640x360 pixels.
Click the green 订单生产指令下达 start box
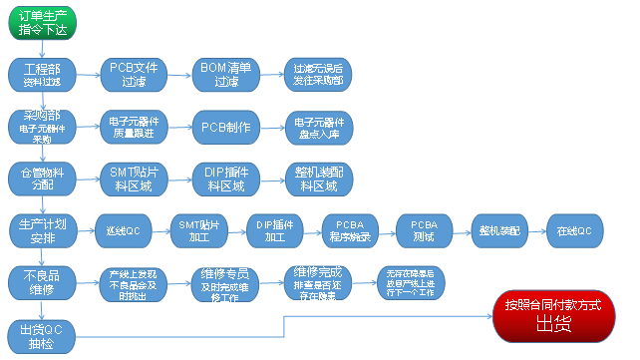click(x=42, y=21)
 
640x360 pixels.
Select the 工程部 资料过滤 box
click(x=41, y=74)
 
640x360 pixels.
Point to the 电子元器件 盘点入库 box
click(x=317, y=127)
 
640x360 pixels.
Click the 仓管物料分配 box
click(x=41, y=178)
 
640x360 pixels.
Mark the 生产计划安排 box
click(x=41, y=229)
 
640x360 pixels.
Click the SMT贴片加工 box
click(x=198, y=230)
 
